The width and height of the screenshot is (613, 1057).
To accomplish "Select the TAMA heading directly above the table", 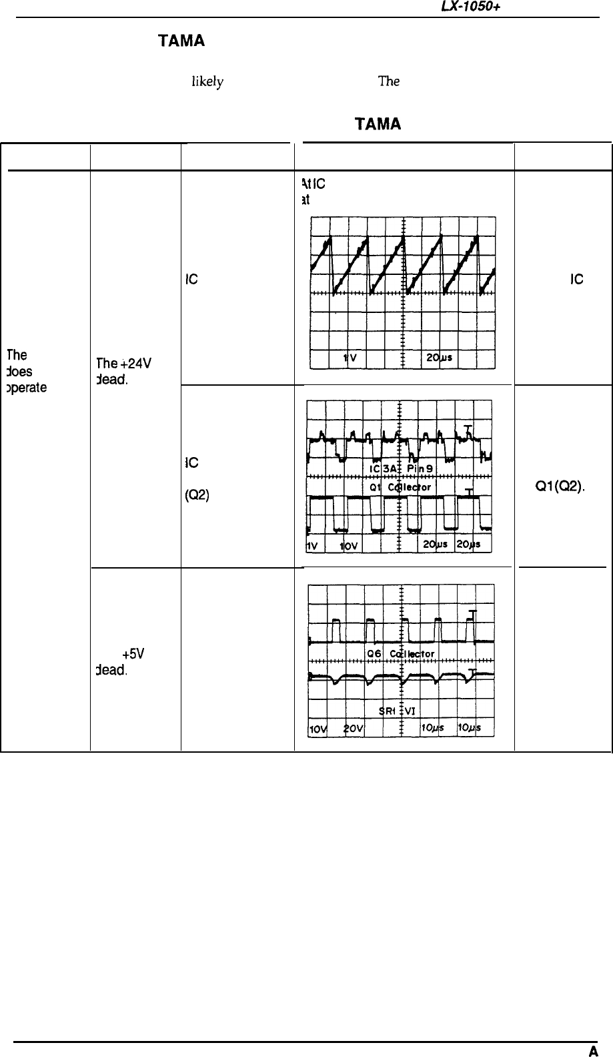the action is tap(378, 125).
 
